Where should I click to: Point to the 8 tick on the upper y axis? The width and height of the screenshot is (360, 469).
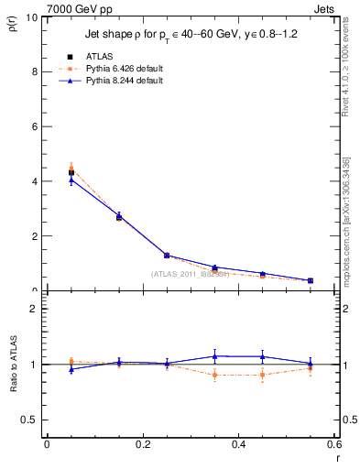click(34, 71)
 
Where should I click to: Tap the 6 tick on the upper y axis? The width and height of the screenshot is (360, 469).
click(34, 126)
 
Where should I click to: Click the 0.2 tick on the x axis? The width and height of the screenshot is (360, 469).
click(142, 444)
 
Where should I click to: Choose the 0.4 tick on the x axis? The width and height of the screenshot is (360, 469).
click(238, 444)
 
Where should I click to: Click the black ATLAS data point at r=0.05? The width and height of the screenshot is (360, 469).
click(71, 172)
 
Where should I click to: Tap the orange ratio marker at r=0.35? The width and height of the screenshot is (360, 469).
click(214, 375)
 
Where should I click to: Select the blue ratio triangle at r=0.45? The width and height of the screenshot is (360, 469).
click(262, 356)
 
